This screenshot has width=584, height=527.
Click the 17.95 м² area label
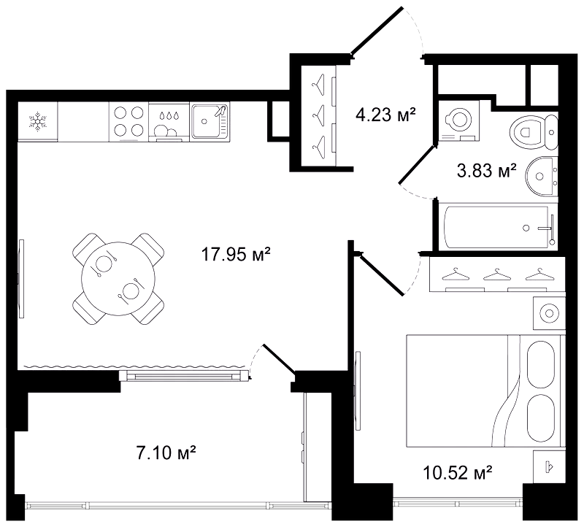pos(235,255)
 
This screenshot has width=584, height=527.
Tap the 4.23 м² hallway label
pos(386,115)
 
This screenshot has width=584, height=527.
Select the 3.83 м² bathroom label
pos(486,171)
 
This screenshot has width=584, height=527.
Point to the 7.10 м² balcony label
pos(166,453)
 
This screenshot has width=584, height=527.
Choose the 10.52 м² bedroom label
pos(458,473)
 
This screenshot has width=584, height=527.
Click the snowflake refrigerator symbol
pos(38,122)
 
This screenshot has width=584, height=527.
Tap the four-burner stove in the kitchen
pos(129,122)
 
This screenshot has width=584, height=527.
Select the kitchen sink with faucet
pos(210,121)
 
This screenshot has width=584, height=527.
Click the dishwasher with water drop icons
pos(169,122)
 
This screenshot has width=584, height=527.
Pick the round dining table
pos(118,279)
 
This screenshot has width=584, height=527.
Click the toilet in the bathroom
pos(534,132)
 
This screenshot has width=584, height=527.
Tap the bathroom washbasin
pos(542,176)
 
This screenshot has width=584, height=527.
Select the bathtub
pos(498,227)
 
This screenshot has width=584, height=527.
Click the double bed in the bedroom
pos(483,391)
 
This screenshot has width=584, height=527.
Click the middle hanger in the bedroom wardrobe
pos(496,276)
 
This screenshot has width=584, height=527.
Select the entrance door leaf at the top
pos(377,31)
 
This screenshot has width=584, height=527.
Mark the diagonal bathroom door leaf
pos(417,165)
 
